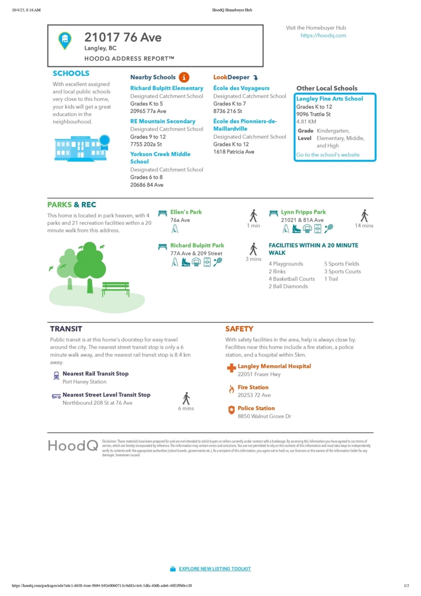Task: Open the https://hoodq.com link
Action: [323, 36]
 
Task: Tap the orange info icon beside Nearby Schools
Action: [184, 77]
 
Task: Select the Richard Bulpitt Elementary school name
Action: [167, 88]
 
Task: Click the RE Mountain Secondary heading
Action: [163, 121]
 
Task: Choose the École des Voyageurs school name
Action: [241, 88]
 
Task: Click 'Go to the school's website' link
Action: [328, 155]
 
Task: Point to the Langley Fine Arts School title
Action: [330, 99]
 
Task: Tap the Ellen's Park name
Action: [186, 212]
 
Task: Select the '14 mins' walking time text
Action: [364, 226]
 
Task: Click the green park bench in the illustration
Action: [115, 288]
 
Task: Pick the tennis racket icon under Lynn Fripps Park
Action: [329, 228]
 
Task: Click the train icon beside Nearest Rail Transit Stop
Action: [56, 375]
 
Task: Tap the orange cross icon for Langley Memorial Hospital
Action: [231, 368]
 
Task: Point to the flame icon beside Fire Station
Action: [231, 389]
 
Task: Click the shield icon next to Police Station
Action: [231, 410]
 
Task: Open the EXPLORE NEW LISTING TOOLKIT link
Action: [214, 569]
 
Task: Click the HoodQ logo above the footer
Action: [72, 446]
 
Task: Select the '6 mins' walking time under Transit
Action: [186, 409]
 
